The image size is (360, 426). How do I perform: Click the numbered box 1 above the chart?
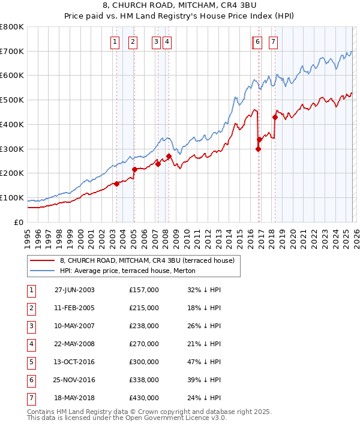pos(115,42)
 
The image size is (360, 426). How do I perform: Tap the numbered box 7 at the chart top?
pos(273,42)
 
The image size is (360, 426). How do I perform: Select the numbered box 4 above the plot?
pos(166,42)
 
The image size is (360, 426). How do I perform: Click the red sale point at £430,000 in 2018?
pos(275,117)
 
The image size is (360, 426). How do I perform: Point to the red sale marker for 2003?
pos(116,184)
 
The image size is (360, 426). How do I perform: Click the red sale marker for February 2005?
pos(134,169)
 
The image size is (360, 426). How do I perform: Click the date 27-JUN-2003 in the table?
pos(74,290)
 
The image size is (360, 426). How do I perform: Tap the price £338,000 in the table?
pos(144,380)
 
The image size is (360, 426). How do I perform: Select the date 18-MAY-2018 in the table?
pos(74,398)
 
